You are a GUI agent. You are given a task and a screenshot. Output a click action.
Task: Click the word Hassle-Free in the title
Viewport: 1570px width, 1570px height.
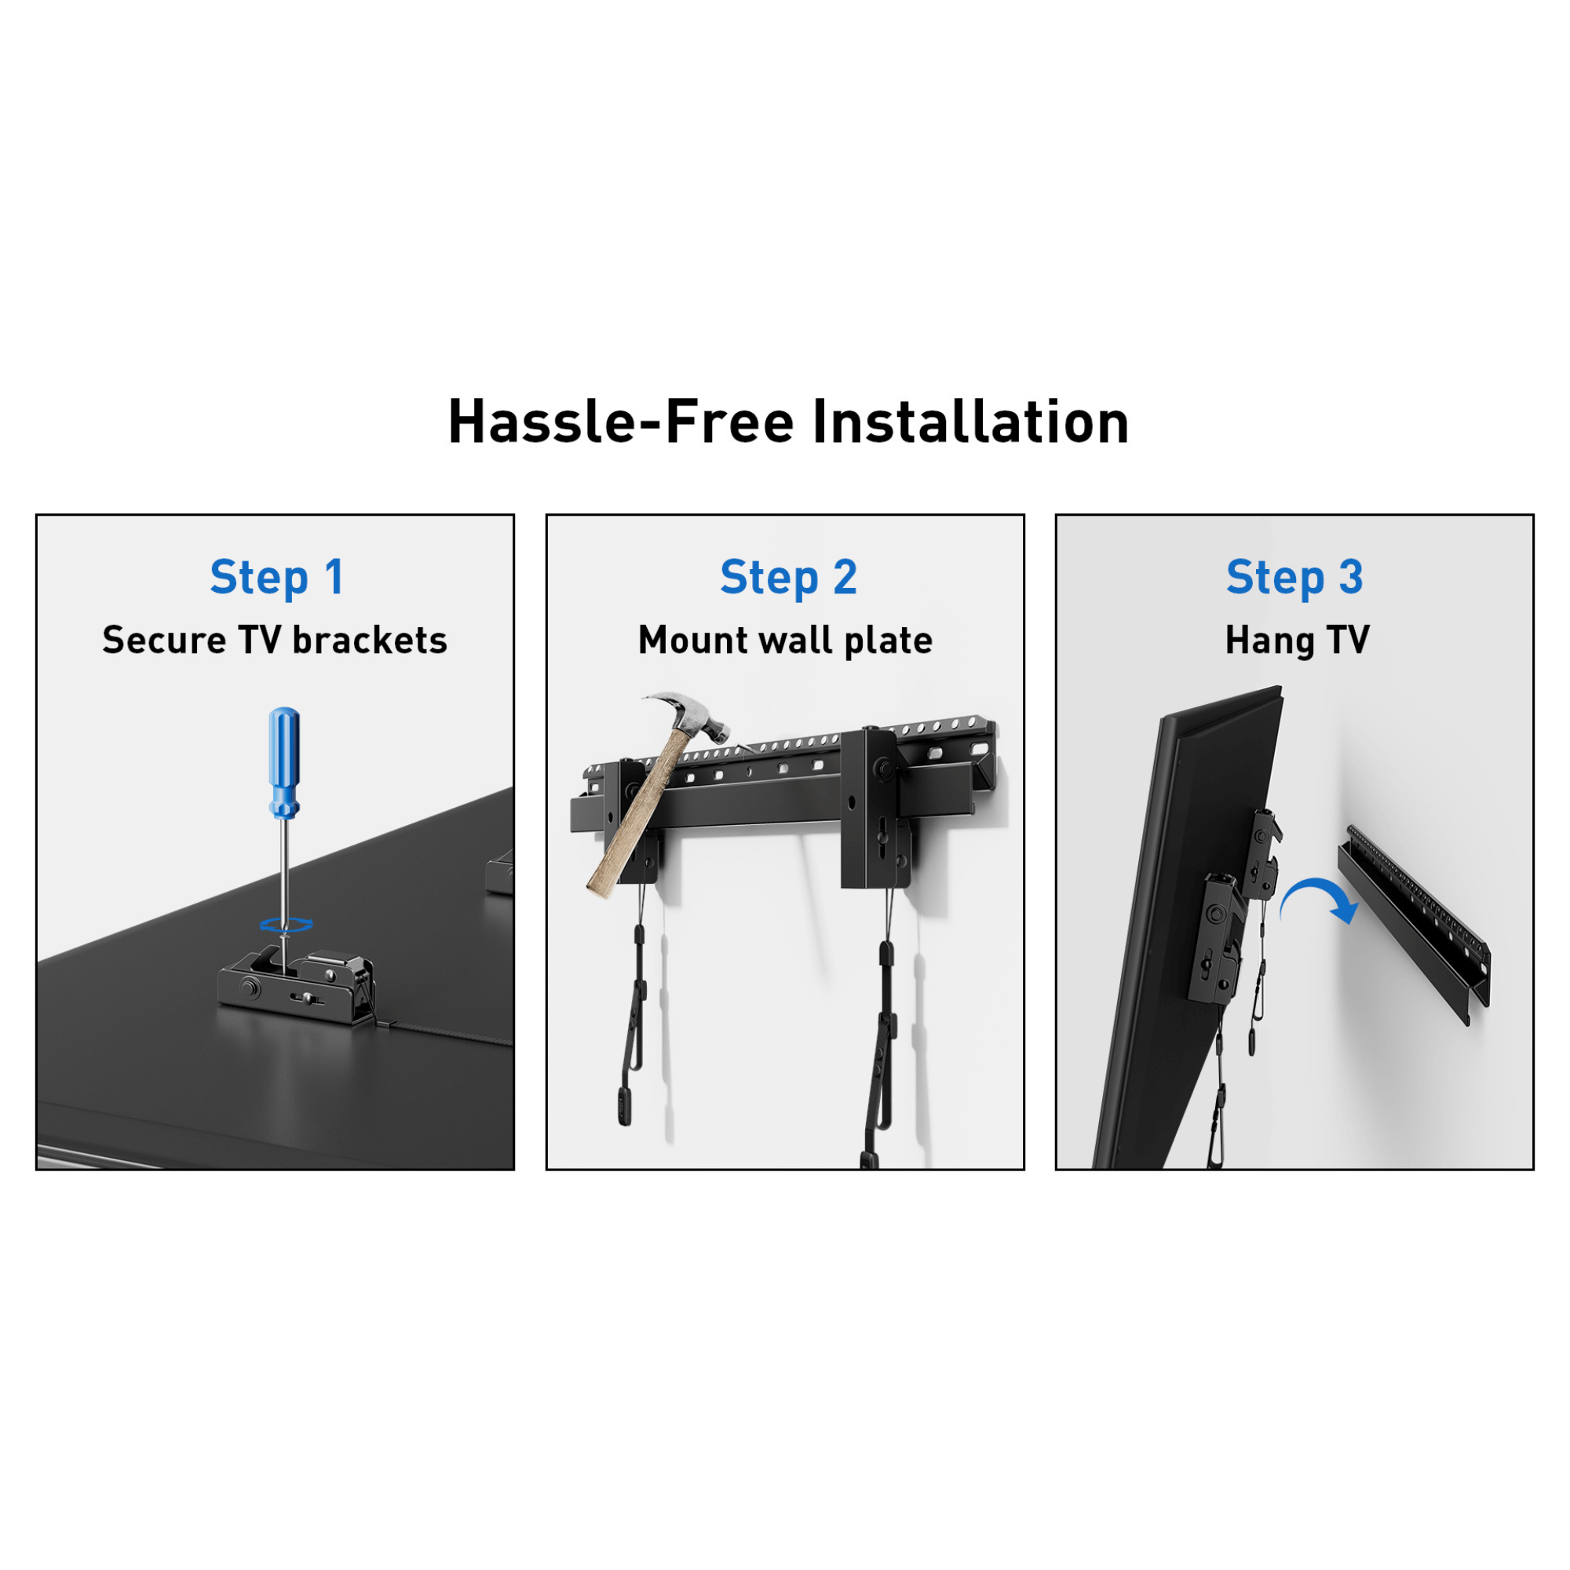(x=620, y=422)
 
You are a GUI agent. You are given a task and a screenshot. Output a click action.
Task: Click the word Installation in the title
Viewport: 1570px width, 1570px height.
(x=970, y=422)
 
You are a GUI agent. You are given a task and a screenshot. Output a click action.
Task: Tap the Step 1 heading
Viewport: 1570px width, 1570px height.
(x=276, y=577)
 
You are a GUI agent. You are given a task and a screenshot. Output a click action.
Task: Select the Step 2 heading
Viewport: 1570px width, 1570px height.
(x=788, y=577)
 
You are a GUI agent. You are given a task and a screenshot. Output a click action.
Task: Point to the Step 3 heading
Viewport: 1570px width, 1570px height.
(x=1294, y=577)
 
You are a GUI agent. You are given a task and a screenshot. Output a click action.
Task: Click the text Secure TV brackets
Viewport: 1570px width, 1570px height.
(x=275, y=641)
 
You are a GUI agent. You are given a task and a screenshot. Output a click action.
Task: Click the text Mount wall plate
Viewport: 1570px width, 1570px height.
(x=785, y=641)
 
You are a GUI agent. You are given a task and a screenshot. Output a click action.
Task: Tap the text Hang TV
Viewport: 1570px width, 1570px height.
(x=1297, y=641)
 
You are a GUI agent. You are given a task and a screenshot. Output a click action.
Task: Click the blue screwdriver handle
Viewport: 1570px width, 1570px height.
(x=283, y=760)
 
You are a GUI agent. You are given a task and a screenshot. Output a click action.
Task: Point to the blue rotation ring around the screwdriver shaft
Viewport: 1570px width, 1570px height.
(x=286, y=924)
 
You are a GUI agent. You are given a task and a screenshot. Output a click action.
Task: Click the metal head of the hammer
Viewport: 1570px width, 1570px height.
(x=691, y=714)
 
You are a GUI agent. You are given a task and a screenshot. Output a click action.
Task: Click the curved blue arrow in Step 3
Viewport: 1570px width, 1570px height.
(x=1320, y=898)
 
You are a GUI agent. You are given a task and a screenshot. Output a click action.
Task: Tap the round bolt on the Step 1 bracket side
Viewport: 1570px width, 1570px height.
(x=249, y=988)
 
